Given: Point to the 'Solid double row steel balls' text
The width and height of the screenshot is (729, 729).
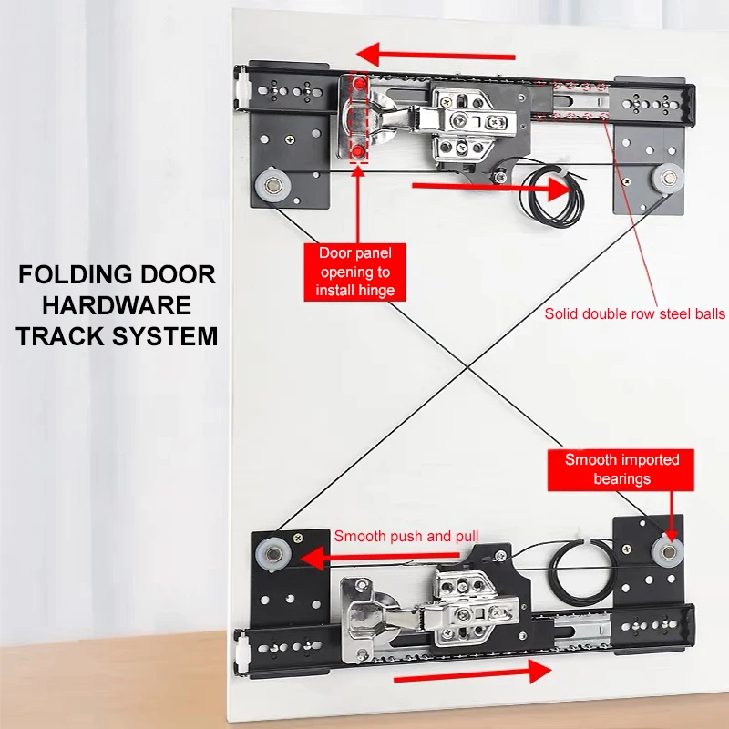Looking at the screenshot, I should [635, 313].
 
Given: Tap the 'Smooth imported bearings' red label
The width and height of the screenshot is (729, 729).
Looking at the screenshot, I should [616, 469].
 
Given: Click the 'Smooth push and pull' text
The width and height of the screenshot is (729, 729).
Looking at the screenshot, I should [406, 536].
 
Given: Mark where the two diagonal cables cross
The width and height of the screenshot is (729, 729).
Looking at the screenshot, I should [467, 366].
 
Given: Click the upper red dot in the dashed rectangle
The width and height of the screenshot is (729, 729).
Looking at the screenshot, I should [358, 85].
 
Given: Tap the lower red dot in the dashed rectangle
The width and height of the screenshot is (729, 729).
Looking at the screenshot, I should [358, 148].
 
